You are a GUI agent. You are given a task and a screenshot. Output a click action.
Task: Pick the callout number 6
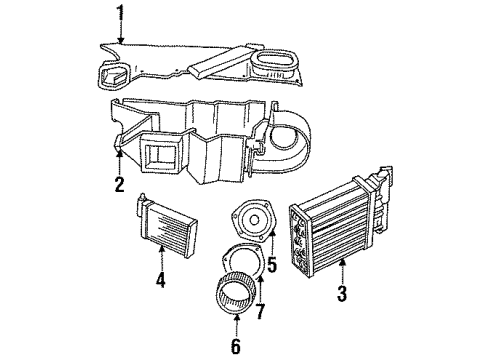click(236, 347)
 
